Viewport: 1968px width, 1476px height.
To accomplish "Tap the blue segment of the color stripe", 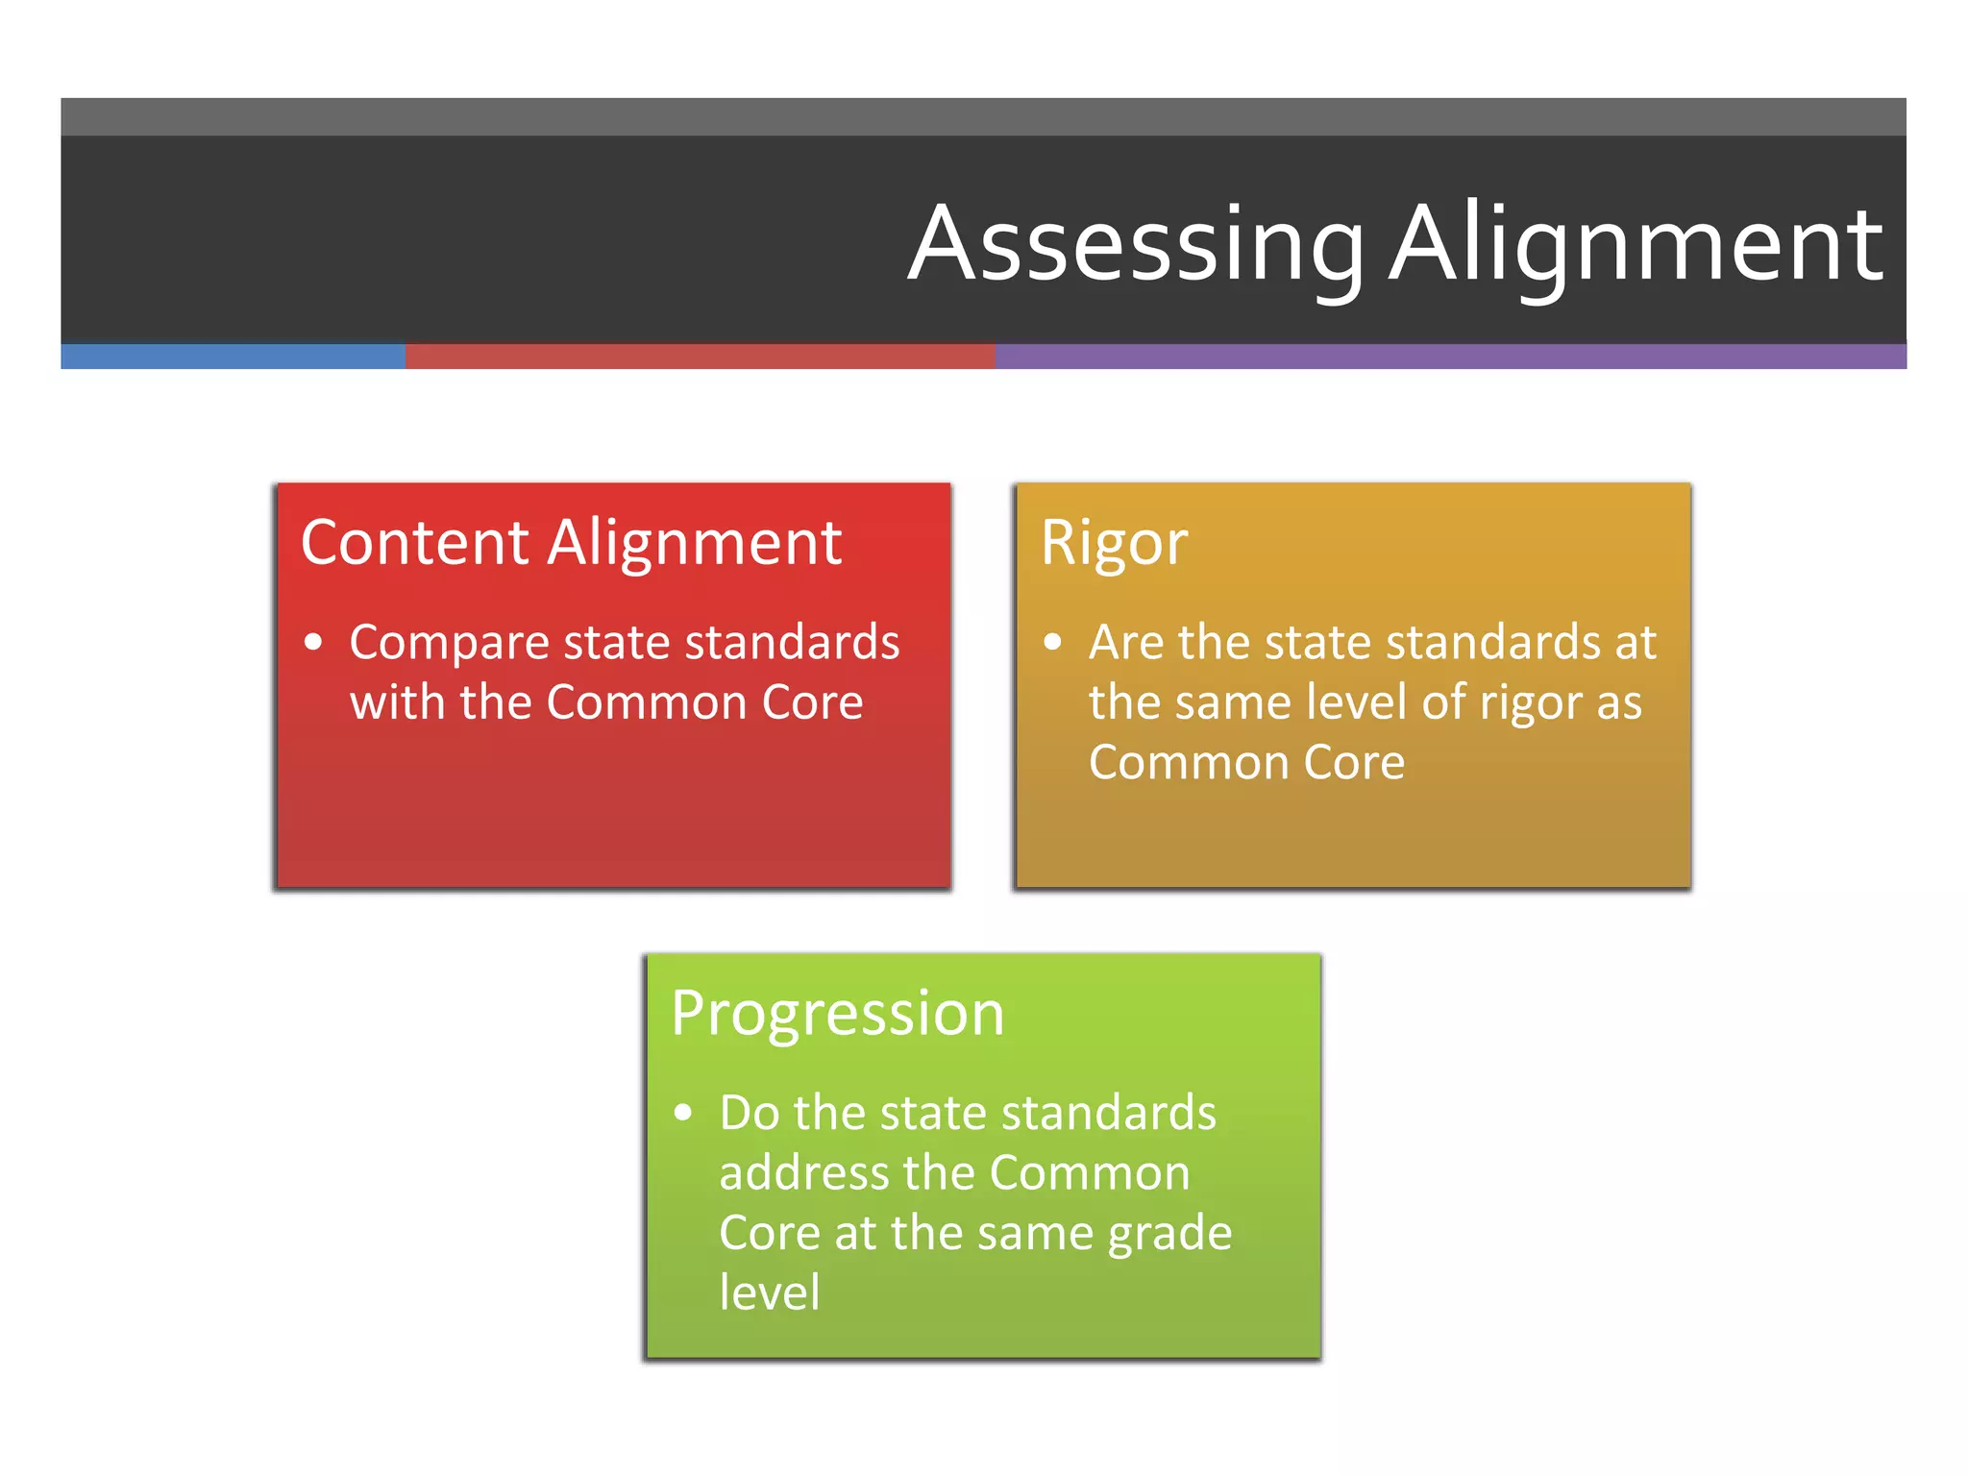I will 233,357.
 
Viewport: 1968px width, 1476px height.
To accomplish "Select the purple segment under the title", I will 1451,357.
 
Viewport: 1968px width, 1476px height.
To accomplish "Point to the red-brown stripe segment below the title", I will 700,357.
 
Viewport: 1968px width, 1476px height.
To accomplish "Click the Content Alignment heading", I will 571,543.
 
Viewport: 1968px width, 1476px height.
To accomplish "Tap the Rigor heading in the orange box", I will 1114,543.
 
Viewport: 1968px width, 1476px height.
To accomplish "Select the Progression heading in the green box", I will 838,1014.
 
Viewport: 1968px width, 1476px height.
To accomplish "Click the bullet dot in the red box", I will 313,642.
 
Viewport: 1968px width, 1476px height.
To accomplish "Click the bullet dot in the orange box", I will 1053,642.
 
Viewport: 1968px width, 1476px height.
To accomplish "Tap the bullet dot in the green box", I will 683,1113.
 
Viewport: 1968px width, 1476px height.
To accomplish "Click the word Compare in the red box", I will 449,643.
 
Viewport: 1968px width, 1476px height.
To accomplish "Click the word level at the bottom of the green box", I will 770,1292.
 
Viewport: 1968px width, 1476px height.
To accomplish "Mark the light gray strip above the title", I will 984,116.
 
